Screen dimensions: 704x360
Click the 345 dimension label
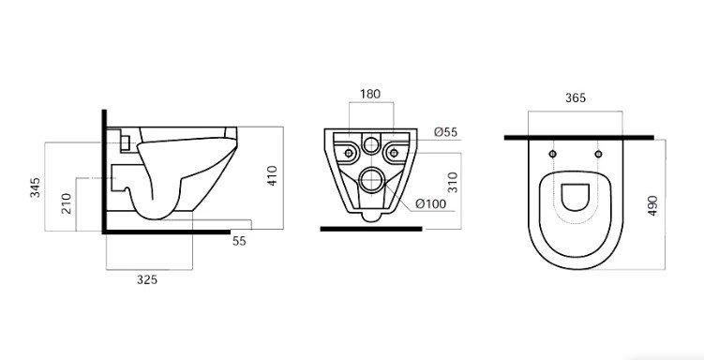[x=36, y=187]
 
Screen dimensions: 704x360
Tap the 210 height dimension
[x=67, y=203]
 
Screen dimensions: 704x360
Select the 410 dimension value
[x=273, y=175]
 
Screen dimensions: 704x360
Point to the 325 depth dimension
[x=147, y=280]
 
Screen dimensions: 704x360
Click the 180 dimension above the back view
[x=370, y=94]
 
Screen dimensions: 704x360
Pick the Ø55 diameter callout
[x=445, y=132]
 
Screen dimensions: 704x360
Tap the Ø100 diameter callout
[x=431, y=204]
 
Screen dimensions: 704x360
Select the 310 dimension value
[x=453, y=182]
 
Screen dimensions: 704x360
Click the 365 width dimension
[x=576, y=97]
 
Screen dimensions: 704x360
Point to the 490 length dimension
[x=652, y=205]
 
